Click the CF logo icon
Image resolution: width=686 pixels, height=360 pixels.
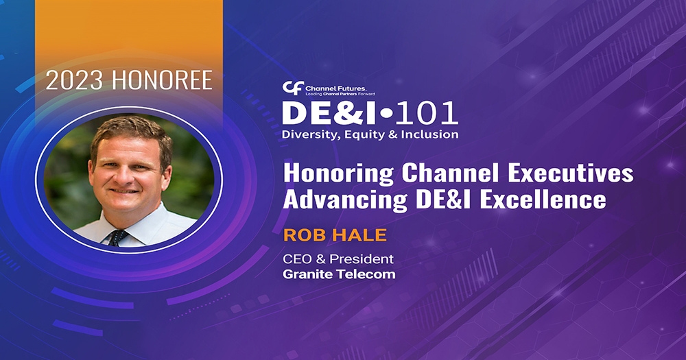point(291,88)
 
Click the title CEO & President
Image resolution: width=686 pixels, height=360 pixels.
point(338,259)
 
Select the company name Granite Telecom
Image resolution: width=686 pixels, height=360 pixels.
point(339,274)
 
